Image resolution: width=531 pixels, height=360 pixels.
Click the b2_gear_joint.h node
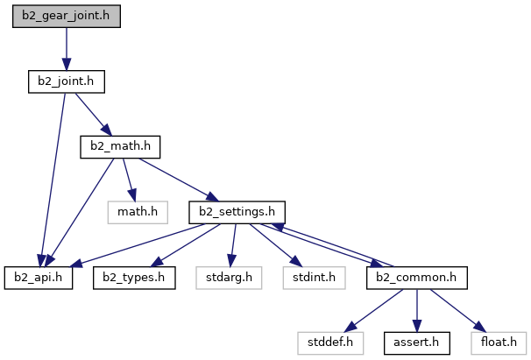66,17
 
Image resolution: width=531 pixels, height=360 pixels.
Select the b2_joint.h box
66,81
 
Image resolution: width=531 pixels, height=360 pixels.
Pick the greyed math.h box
137,211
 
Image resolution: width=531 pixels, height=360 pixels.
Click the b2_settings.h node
237,211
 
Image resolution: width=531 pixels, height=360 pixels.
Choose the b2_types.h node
134,277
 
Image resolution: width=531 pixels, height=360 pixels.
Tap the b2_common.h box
416,277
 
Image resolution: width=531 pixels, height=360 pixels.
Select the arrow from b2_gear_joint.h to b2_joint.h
66,49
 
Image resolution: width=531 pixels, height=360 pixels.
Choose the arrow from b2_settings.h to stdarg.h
232,244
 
